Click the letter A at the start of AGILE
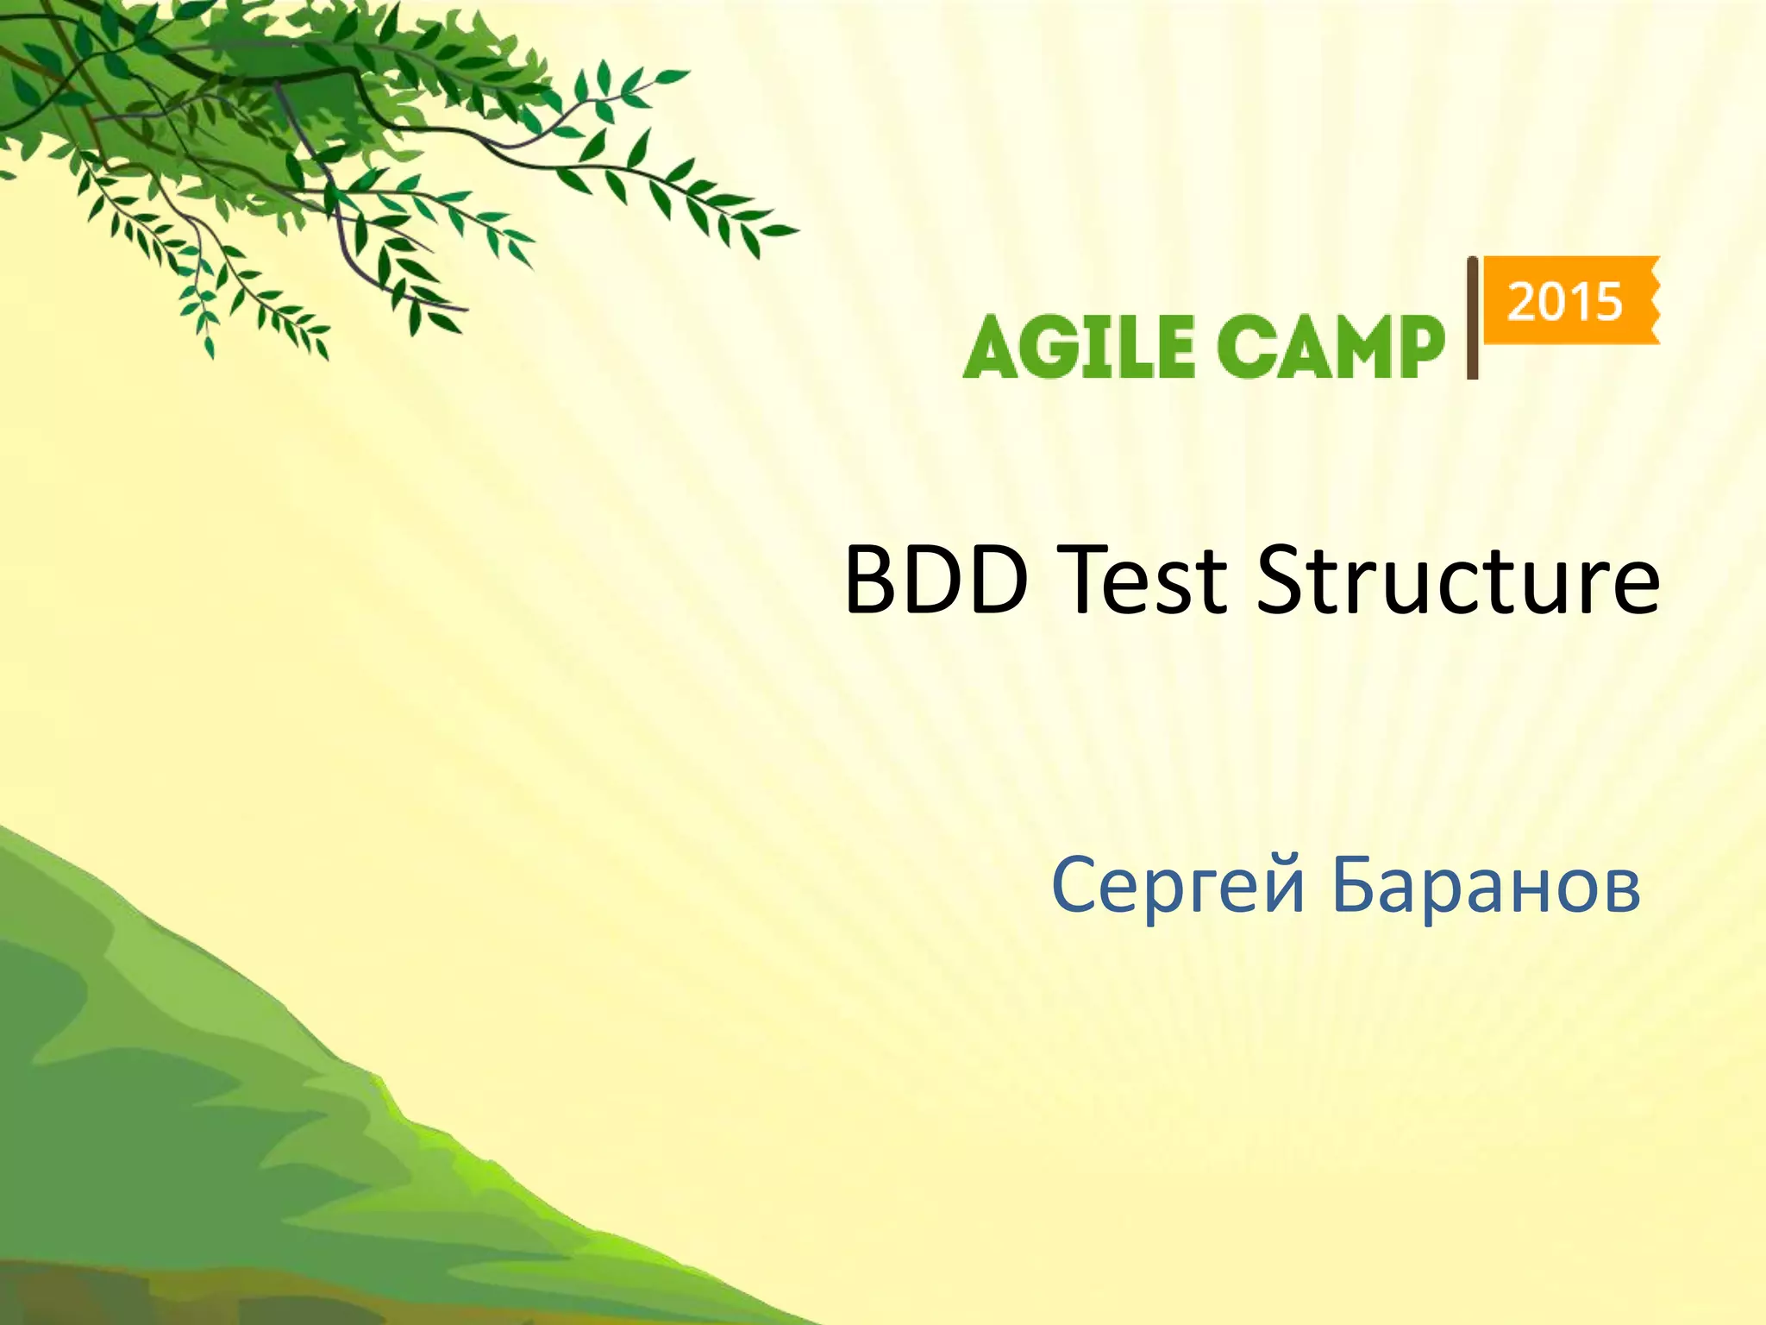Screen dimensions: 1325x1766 click(x=992, y=347)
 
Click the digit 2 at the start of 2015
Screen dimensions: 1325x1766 click(x=1522, y=302)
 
